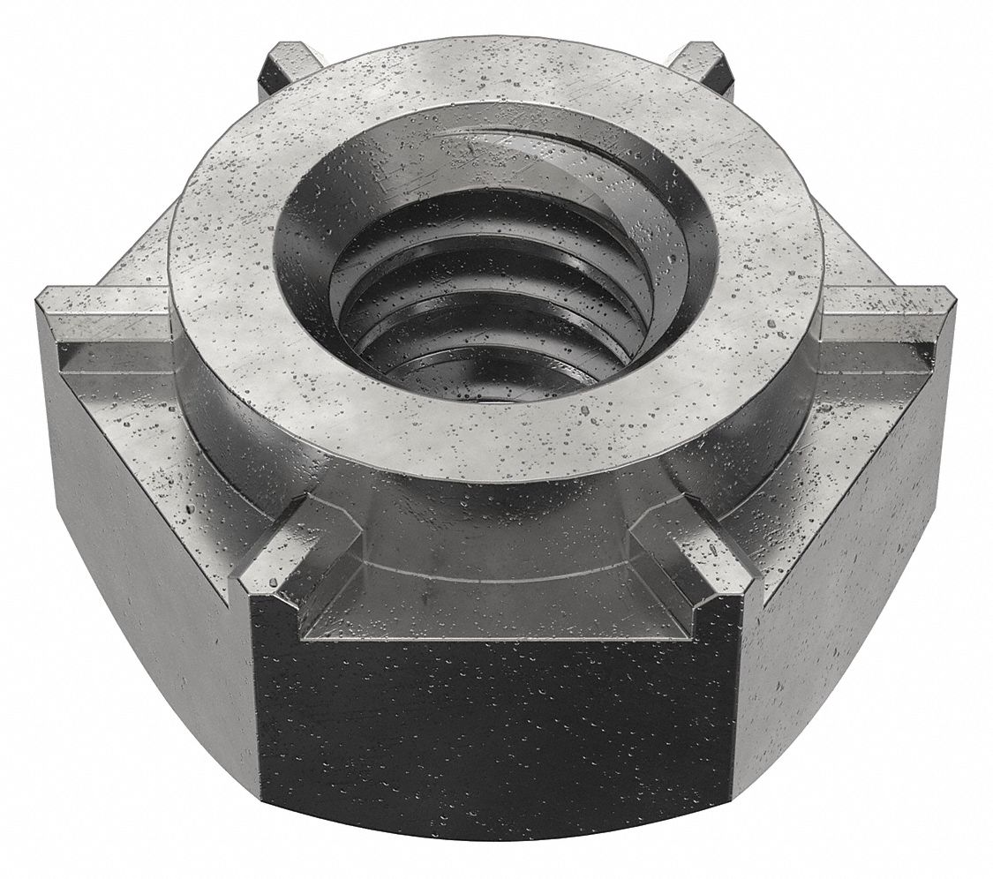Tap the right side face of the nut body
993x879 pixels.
pyautogui.click(x=839, y=565)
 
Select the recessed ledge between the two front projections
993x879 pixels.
pyautogui.click(x=494, y=609)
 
